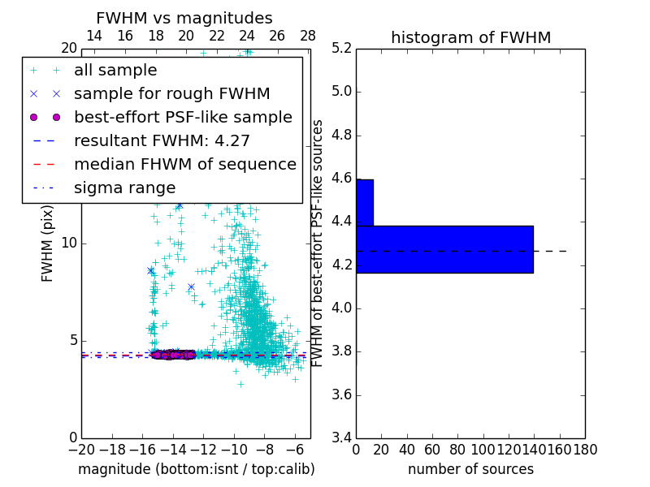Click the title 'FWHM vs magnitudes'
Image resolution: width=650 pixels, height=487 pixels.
pyautogui.click(x=184, y=18)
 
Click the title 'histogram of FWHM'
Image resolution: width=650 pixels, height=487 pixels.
pyautogui.click(x=470, y=37)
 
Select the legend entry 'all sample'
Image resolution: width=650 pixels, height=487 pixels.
pyautogui.click(x=115, y=71)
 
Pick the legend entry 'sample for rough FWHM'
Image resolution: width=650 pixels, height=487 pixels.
pyautogui.click(x=171, y=94)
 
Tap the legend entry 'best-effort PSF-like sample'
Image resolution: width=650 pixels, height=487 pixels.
pyautogui.click(x=183, y=118)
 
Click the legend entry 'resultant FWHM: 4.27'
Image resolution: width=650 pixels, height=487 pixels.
pyautogui.click(x=162, y=141)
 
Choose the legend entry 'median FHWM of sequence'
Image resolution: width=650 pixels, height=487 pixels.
pyautogui.click(x=184, y=165)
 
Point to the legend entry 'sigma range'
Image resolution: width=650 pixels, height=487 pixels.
pyautogui.click(x=124, y=188)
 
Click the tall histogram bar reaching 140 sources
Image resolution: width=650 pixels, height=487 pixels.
pyautogui.click(x=444, y=249)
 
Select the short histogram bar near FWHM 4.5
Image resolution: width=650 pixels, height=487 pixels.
pyautogui.click(x=365, y=202)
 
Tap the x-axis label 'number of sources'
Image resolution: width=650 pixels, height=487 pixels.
pyautogui.click(x=470, y=469)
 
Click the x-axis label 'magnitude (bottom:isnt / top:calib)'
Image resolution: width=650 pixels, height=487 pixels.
pyautogui.click(x=196, y=469)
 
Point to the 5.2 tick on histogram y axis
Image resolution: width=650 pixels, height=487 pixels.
pyautogui.click(x=340, y=48)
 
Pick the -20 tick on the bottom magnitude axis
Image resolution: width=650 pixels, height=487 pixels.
pyautogui.click(x=81, y=450)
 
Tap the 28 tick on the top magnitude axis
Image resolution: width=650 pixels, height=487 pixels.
pyautogui.click(x=308, y=36)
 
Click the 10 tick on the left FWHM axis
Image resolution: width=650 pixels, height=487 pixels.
pyautogui.click(x=69, y=243)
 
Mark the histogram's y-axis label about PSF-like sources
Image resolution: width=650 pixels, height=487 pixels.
pyautogui.click(x=318, y=243)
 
